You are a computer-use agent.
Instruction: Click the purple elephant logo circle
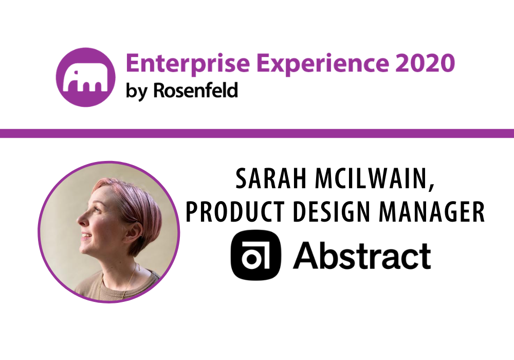coord(85,77)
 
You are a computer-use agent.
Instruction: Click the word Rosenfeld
coord(196,90)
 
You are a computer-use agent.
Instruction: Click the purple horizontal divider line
coord(257,133)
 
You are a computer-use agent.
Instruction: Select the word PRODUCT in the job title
coord(235,212)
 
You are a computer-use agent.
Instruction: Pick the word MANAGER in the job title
coord(432,212)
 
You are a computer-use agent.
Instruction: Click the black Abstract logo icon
coord(256,255)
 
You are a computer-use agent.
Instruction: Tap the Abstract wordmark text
coord(362,256)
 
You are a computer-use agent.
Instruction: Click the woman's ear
coord(135,231)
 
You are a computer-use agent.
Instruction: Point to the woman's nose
coord(81,220)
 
